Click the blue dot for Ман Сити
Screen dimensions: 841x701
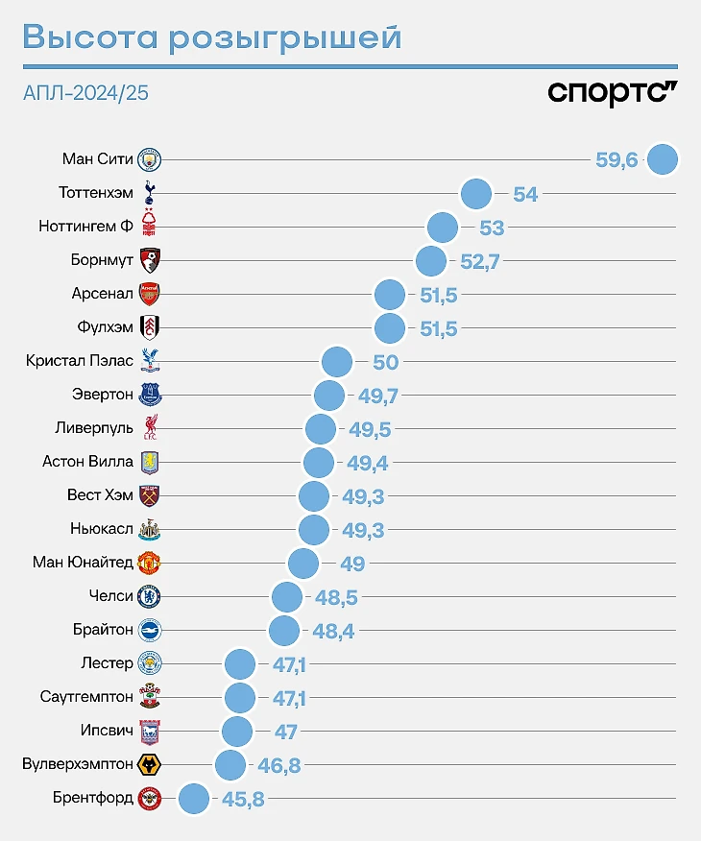(663, 159)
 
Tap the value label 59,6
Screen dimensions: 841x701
(616, 160)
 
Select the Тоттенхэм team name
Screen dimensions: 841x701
(95, 193)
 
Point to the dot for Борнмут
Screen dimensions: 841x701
(431, 260)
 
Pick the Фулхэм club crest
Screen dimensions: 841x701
(149, 327)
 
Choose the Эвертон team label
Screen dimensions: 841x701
(103, 395)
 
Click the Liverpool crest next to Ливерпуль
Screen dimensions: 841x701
(149, 428)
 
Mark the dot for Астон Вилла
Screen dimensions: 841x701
(319, 463)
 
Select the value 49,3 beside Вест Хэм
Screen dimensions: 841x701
(363, 496)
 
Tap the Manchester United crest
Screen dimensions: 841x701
(149, 563)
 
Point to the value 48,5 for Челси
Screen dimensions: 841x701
(336, 597)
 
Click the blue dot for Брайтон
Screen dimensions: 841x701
(284, 631)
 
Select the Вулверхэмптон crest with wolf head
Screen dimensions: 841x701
(149, 765)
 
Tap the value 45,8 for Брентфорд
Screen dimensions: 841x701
(243, 799)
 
